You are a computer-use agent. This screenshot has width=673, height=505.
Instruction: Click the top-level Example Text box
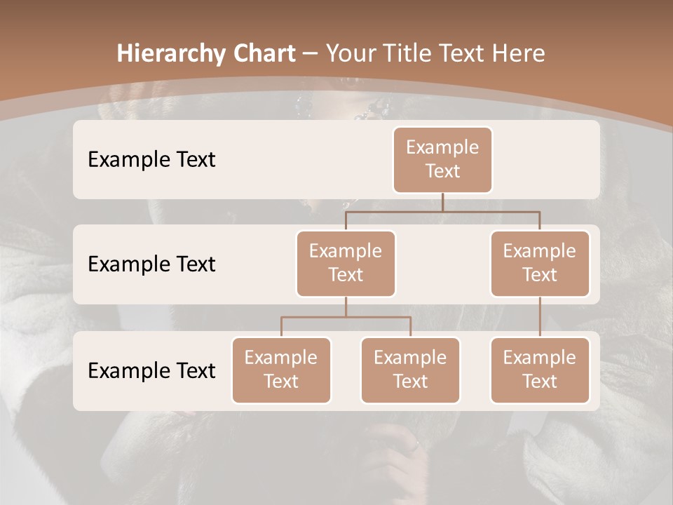point(442,159)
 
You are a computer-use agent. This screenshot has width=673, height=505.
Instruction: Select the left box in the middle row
point(346,263)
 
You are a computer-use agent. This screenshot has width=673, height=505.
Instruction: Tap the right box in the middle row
point(540,263)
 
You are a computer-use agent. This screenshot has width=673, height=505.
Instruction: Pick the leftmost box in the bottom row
point(281,370)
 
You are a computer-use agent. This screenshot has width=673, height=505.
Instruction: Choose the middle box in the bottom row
point(410,370)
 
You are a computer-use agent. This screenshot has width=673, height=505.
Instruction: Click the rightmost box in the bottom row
point(540,370)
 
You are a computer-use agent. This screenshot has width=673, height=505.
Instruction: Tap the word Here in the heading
point(518,53)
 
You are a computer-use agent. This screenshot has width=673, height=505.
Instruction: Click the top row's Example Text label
point(151,159)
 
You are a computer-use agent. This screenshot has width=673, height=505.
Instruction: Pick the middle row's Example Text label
point(151,264)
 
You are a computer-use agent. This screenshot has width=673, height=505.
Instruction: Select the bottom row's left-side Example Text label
point(151,370)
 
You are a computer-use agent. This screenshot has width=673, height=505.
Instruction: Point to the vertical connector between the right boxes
point(540,317)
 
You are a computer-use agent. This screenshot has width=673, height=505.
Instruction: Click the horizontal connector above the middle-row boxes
point(442,210)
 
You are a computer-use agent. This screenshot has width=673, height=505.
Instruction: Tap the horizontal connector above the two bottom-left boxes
point(346,317)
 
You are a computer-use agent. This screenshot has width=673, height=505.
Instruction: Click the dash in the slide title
point(311,53)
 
